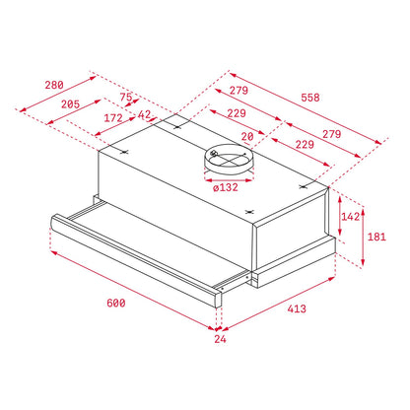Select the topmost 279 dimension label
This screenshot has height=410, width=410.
239,91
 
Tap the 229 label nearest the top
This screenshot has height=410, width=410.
235,113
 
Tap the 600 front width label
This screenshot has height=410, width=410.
115,303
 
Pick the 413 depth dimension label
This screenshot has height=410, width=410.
297,308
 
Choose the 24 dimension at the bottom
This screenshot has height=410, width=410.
220,340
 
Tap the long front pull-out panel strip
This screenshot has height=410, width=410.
138,258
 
